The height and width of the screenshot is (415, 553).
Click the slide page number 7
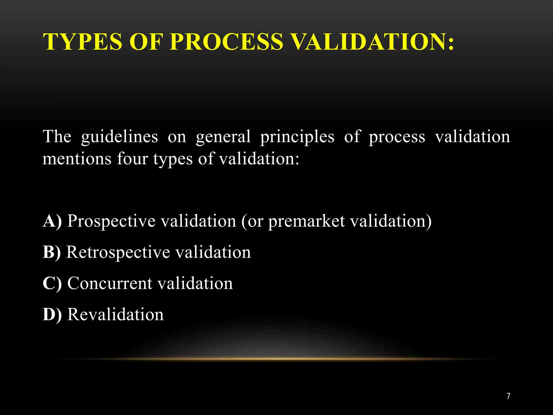508,396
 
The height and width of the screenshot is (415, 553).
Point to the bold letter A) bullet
52,221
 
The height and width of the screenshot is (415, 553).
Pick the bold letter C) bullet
52,283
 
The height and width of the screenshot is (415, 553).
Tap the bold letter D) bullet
52,314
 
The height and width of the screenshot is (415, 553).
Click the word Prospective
111,221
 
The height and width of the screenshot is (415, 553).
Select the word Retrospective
118,252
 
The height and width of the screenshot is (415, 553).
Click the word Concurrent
110,283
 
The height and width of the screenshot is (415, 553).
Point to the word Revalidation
116,314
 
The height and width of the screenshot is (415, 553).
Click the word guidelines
120,136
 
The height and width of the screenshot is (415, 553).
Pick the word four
132,159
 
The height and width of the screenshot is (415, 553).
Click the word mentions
77,159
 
